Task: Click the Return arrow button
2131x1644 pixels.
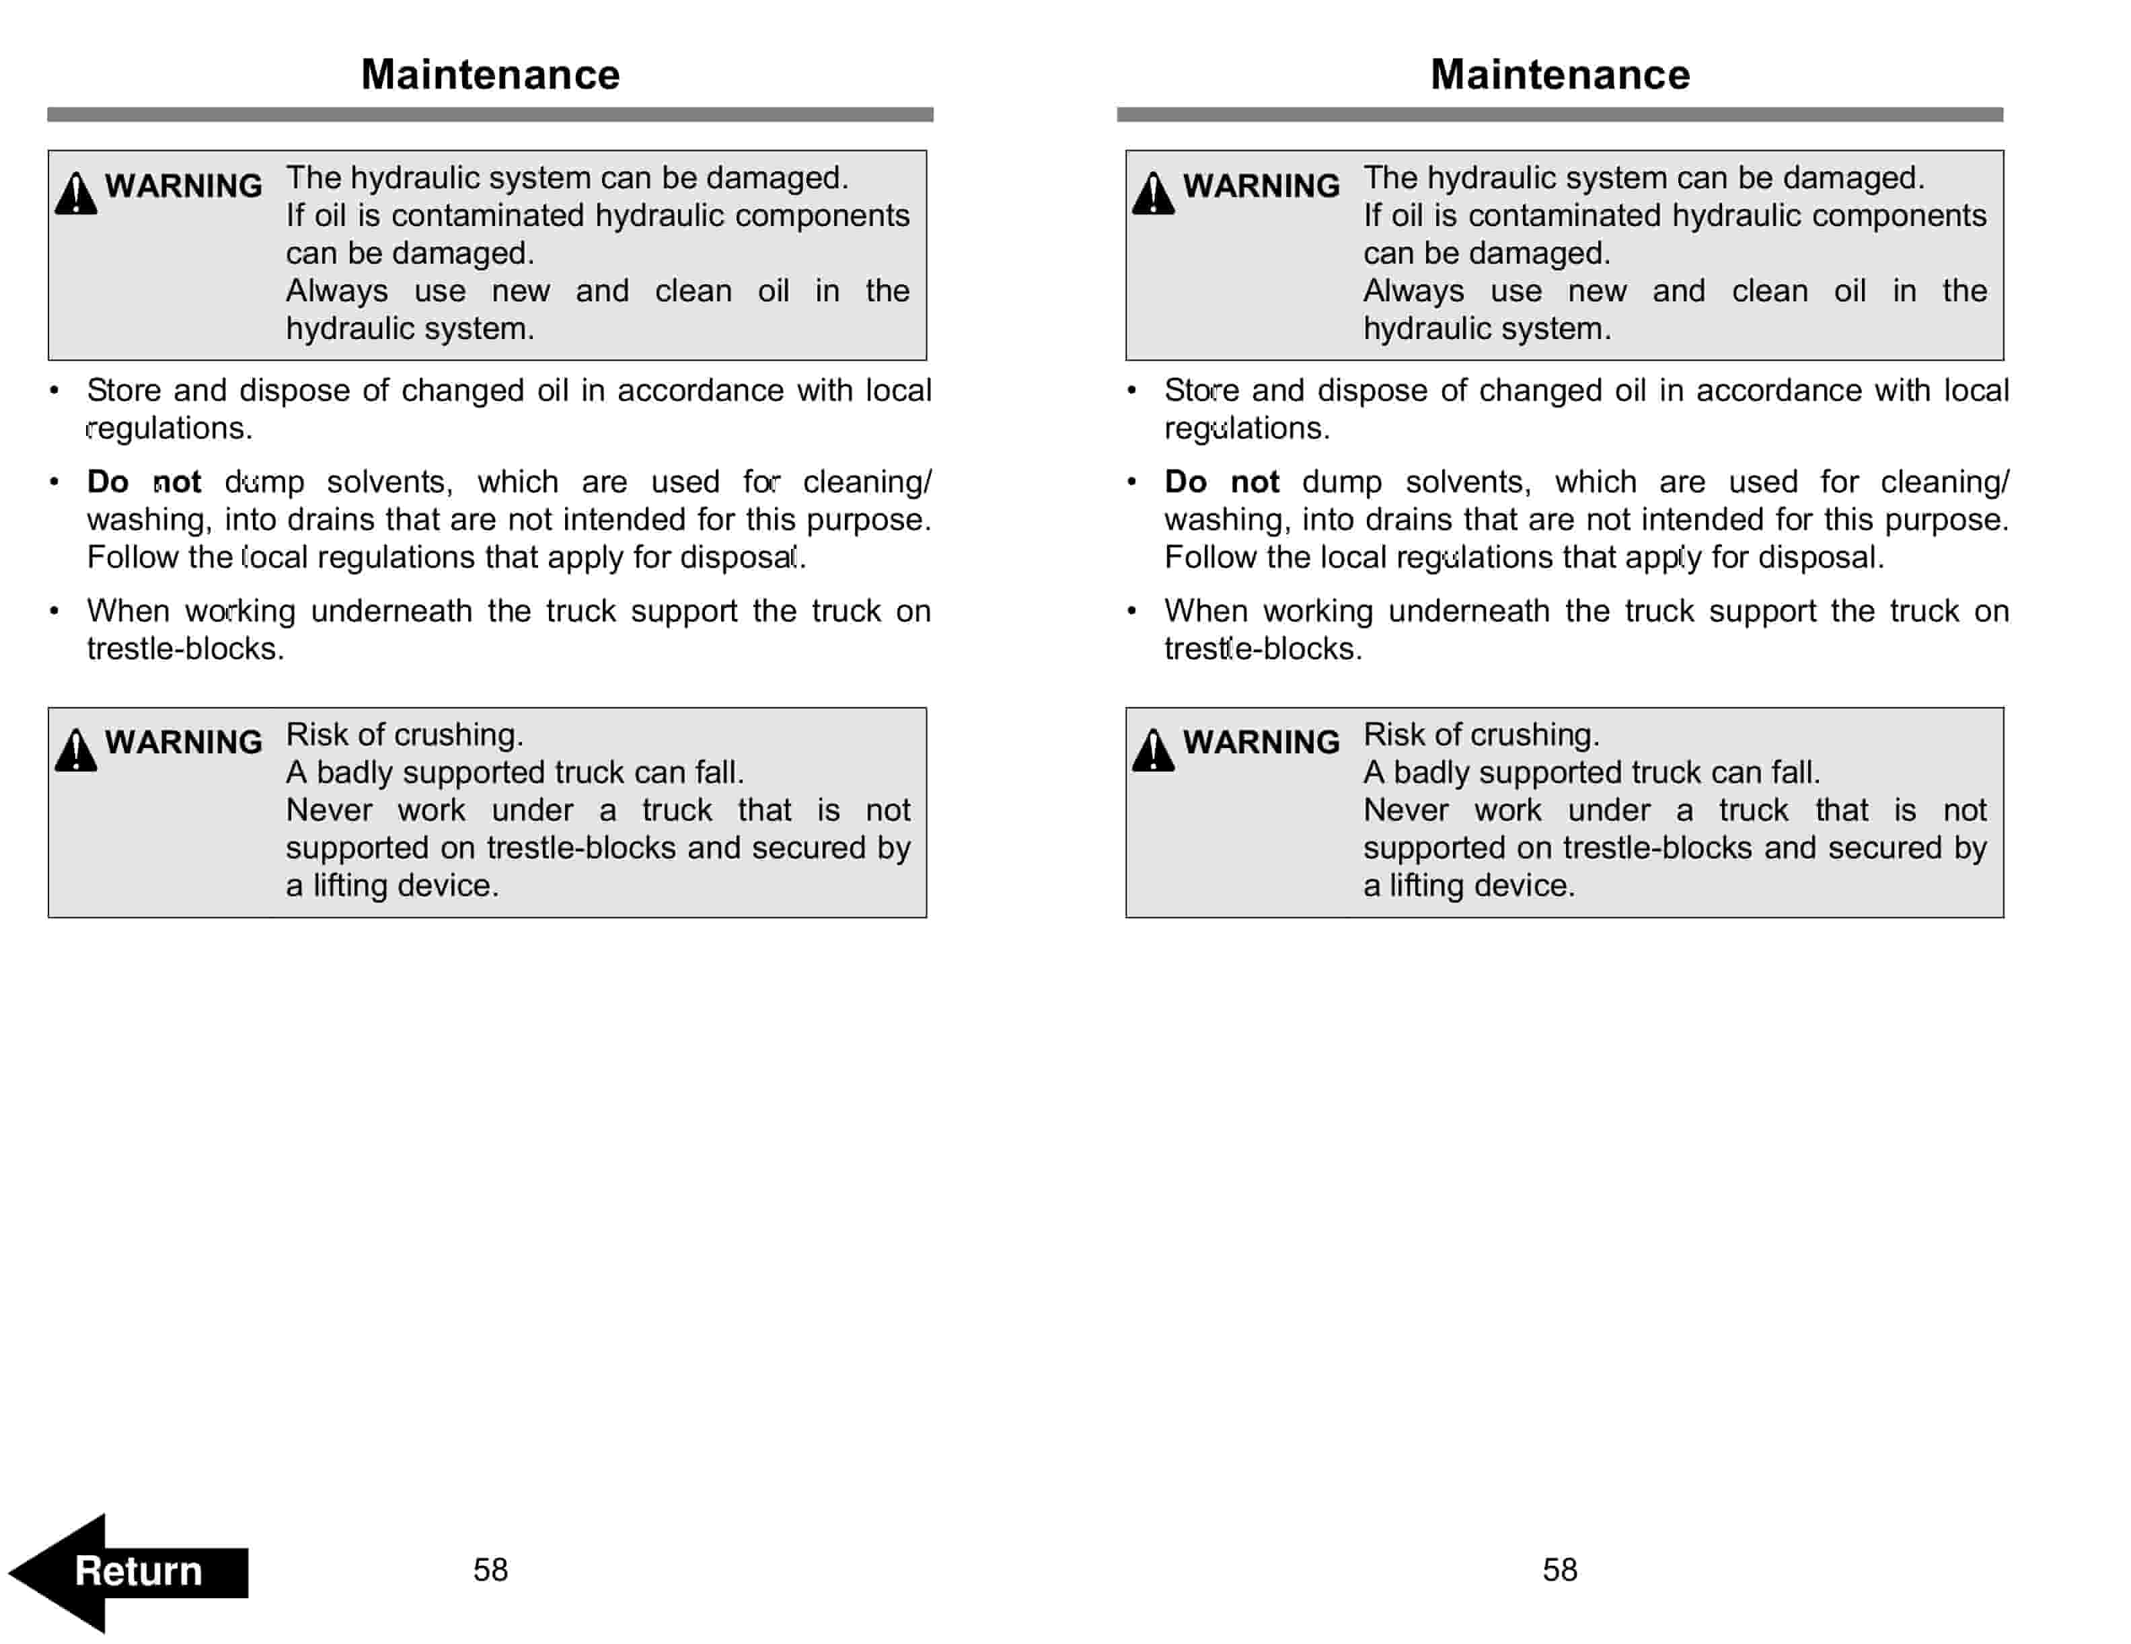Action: pos(128,1572)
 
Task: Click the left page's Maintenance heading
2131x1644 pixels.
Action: pos(490,75)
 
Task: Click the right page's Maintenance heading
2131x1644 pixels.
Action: pos(1559,75)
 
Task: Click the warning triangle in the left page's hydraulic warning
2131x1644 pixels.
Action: pos(76,193)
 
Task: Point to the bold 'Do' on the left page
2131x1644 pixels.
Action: pos(108,482)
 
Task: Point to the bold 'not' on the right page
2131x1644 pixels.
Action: pos(1254,482)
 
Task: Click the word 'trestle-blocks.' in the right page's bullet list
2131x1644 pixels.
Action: pos(1263,649)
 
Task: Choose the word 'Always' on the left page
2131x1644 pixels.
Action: pos(336,291)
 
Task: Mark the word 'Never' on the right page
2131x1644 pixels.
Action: pos(1405,811)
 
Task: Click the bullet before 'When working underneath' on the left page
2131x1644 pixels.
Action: pos(54,611)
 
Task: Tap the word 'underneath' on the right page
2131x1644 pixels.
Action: pos(1468,611)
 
